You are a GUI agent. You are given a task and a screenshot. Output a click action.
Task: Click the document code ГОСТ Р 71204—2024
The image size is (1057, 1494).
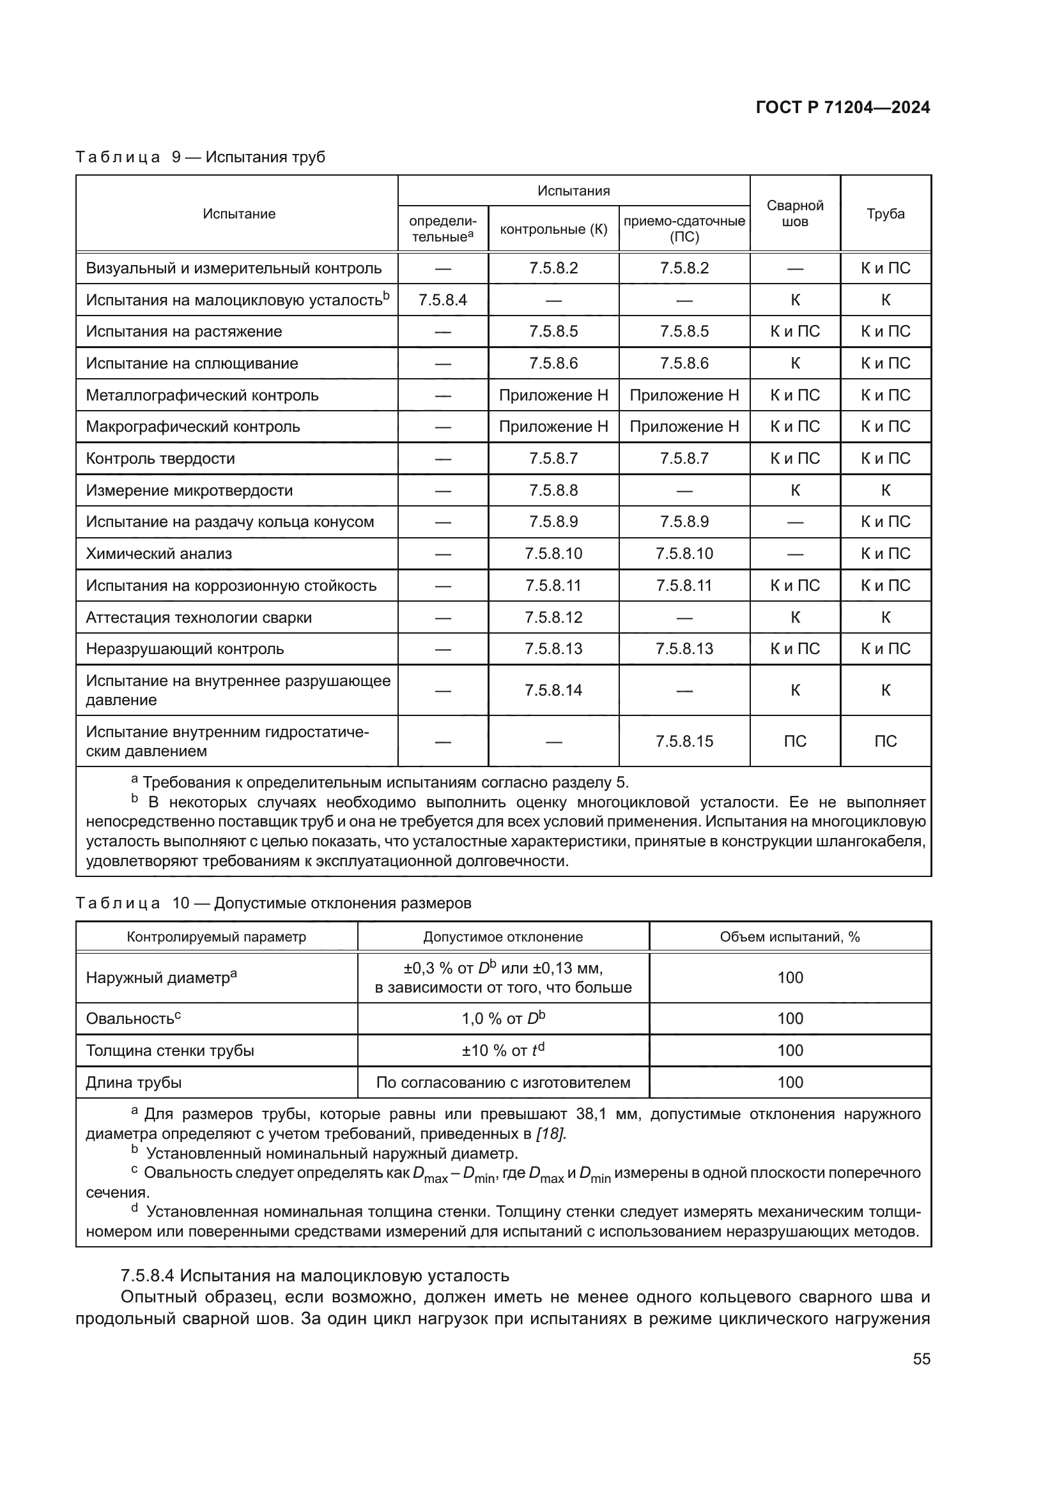[x=842, y=107]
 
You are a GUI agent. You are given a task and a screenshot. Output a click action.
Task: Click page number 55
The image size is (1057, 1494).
[x=921, y=1359]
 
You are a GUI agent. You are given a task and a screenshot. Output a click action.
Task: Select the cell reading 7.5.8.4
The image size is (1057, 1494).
[x=443, y=300]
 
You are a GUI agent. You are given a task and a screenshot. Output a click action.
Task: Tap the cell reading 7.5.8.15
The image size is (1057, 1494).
[x=684, y=741]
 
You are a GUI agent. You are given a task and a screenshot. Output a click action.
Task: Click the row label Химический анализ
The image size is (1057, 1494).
[x=159, y=554]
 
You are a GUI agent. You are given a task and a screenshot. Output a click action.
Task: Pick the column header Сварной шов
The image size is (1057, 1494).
[x=795, y=213]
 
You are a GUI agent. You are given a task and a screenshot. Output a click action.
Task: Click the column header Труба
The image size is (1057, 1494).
[x=885, y=214]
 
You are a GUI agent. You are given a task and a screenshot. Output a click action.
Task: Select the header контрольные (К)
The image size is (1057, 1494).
[x=553, y=229]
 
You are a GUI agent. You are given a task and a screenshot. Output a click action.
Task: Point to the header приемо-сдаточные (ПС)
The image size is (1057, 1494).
[x=684, y=229]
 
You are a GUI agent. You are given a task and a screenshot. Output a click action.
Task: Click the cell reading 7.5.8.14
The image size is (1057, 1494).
[x=553, y=690]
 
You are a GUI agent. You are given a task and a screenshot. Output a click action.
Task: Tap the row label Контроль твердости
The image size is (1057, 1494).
[x=160, y=459]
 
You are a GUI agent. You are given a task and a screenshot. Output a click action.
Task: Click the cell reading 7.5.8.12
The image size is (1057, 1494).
[x=553, y=617]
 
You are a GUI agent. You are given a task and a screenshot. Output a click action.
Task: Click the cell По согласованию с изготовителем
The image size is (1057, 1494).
[x=503, y=1082]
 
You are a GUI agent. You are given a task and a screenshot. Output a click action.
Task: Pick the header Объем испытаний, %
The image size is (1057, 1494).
[x=789, y=936]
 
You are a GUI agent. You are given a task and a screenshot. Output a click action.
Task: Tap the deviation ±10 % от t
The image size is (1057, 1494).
[x=502, y=1050]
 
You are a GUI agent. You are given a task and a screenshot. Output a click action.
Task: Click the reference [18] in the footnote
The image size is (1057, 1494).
[x=551, y=1134]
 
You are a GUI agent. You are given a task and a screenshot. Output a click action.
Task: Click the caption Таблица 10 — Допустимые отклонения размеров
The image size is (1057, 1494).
[x=274, y=903]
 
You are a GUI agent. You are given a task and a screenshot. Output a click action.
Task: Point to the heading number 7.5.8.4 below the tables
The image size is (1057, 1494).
[x=148, y=1275]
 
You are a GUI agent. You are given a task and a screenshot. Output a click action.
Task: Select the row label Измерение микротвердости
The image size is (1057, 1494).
[x=189, y=491]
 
